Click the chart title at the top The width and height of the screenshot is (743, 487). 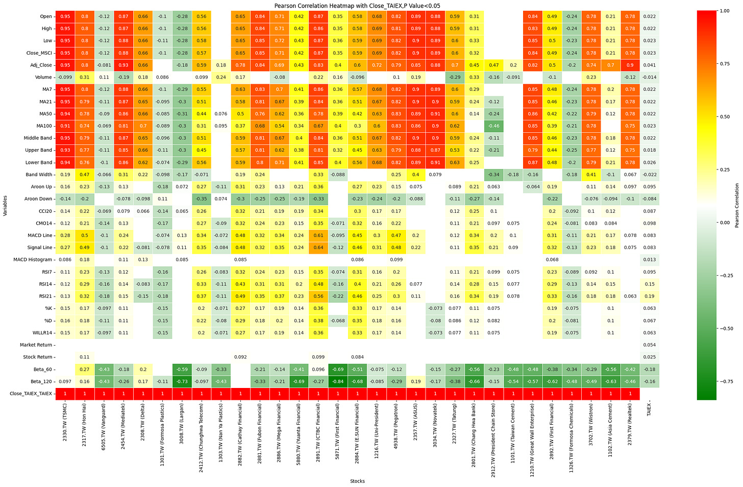(357, 6)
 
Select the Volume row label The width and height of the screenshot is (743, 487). (43, 77)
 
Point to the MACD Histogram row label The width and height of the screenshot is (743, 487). (33, 260)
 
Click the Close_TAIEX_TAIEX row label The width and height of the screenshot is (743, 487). (31, 394)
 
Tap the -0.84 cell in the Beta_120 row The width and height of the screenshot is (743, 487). (338, 381)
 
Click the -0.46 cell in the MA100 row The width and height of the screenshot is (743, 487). (493, 126)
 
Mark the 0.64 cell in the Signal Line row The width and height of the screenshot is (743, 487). (318, 248)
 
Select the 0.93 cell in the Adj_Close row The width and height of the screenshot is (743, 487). (123, 65)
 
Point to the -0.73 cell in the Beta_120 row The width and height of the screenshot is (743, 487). (182, 381)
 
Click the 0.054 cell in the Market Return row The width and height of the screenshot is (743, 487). (649, 345)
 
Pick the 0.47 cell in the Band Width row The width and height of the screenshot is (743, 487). (85, 175)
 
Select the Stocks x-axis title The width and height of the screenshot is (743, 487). (357, 481)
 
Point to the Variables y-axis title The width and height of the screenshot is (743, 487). (5, 206)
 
